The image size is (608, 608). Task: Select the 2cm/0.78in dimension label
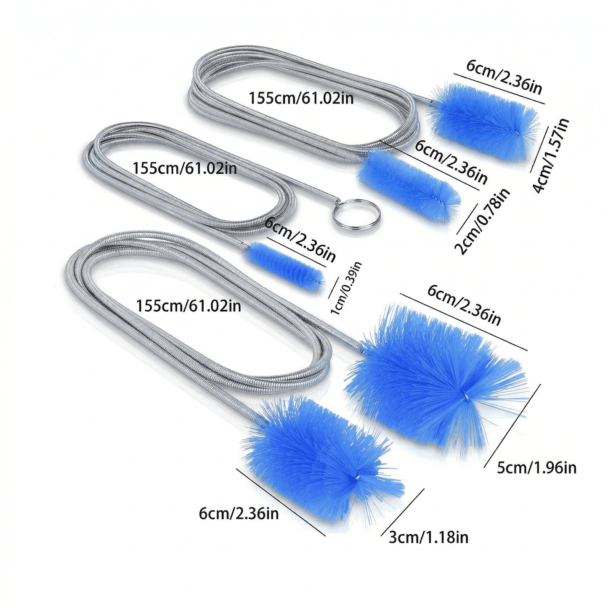coord(483,221)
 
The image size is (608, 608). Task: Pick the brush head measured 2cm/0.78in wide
coord(409,185)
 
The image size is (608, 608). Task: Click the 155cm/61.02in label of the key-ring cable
coord(185,168)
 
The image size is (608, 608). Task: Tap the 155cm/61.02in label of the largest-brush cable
coord(189,305)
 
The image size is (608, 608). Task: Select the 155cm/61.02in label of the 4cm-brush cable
coord(301,98)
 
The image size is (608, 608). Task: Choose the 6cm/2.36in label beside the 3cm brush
coord(239,513)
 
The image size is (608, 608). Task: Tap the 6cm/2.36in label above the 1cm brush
coord(299,240)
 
